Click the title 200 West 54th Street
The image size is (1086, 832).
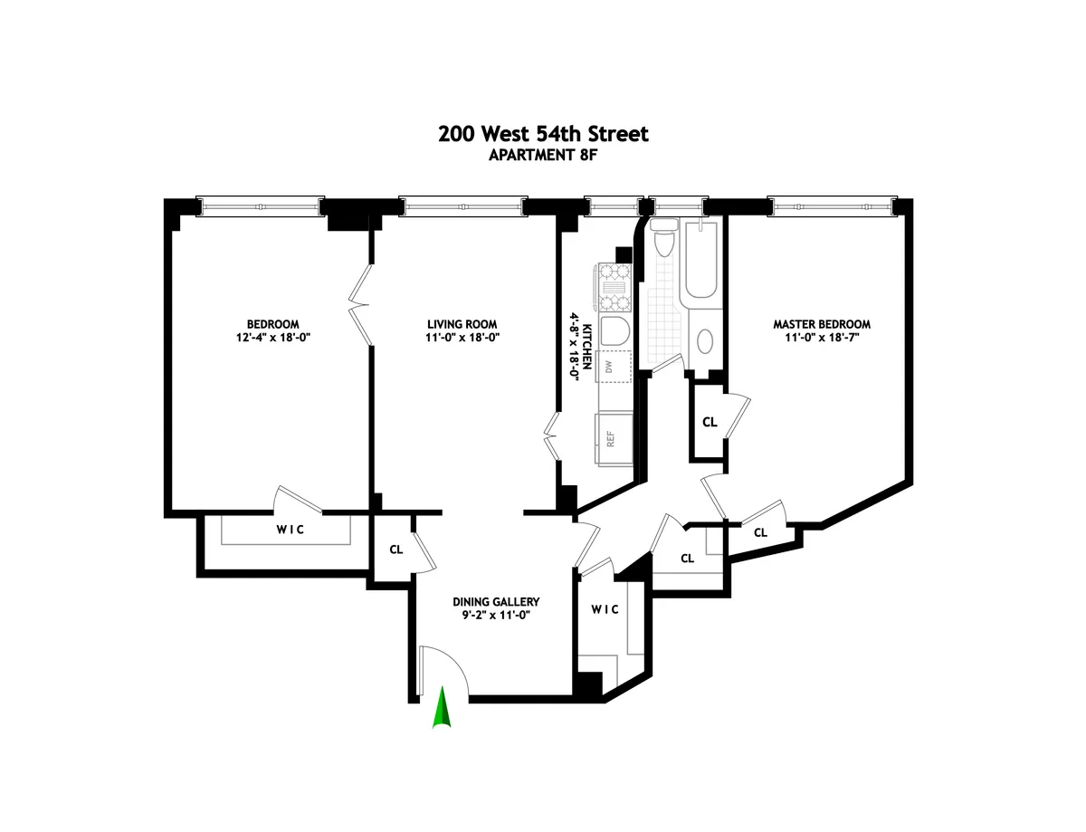pyautogui.click(x=543, y=134)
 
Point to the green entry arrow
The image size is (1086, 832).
pyautogui.click(x=442, y=709)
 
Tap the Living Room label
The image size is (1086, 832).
pyautogui.click(x=462, y=324)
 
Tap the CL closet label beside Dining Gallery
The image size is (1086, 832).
pyautogui.click(x=395, y=549)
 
